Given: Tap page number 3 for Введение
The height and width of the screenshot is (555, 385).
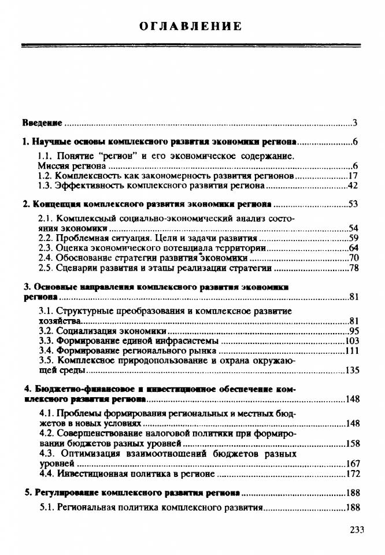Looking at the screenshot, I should click(356, 123).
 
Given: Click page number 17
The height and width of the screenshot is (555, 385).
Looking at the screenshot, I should click(354, 176).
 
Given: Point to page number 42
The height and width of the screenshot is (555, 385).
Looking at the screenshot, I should click(354, 186).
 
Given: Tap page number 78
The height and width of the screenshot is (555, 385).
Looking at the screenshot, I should click(354, 268).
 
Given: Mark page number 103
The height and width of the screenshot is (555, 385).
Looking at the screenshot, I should click(352, 341).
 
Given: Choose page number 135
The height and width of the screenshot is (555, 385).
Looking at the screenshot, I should click(352, 371).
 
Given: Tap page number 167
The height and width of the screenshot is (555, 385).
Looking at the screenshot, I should click(352, 464).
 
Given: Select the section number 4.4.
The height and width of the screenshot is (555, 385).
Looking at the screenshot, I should click(47, 473).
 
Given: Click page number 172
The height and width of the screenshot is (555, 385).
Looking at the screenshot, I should click(352, 473).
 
